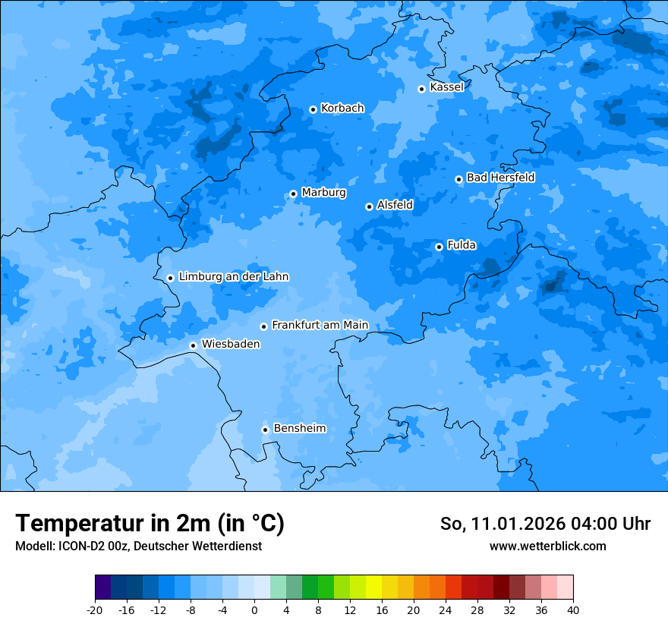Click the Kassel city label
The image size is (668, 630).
click(446, 87)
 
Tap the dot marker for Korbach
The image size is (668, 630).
click(313, 109)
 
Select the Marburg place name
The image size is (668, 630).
click(323, 193)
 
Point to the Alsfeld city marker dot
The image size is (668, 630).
click(369, 206)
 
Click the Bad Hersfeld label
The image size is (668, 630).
click(500, 178)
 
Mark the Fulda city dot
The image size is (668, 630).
click(439, 247)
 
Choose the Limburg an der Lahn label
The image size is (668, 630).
click(233, 277)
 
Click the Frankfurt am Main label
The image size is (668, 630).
click(320, 325)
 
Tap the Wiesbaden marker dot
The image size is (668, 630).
click(193, 345)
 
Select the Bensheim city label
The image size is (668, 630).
click(299, 428)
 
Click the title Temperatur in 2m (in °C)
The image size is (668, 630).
click(150, 524)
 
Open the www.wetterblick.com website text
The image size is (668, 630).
click(547, 546)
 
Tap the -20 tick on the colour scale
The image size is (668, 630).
click(95, 610)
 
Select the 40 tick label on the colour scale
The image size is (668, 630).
click(572, 610)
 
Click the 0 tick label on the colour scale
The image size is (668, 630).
click(254, 610)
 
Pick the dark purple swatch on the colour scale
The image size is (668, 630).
click(102, 587)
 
